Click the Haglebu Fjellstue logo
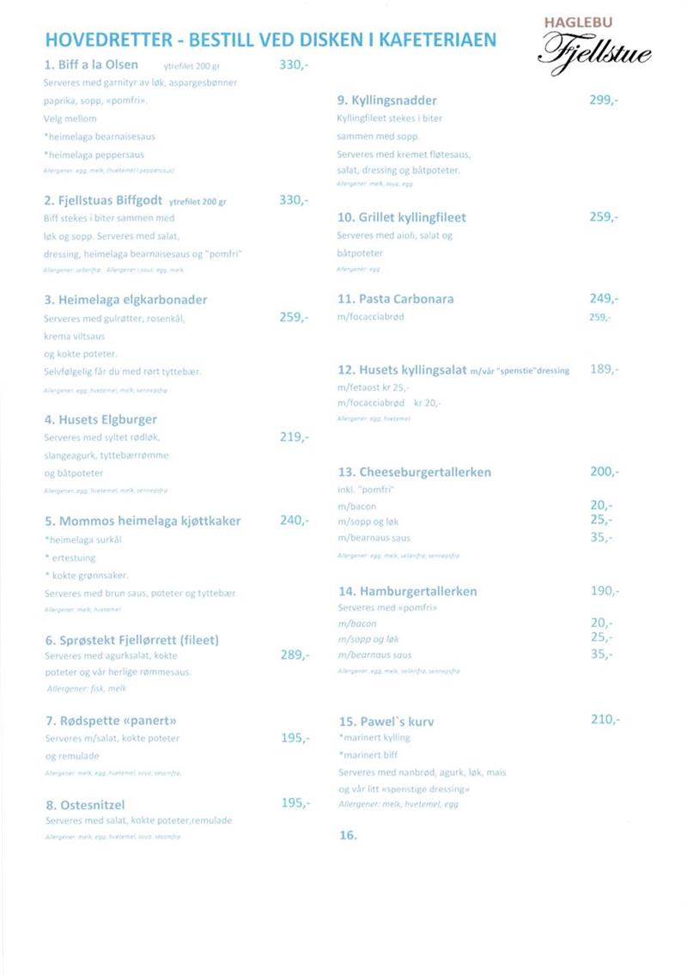point(594,46)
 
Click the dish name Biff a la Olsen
point(90,64)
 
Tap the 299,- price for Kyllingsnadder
point(604,100)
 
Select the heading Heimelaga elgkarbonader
point(125,300)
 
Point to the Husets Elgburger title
point(100,419)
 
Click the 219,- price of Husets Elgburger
point(295,436)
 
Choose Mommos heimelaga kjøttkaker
point(143,521)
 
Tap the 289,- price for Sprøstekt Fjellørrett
point(295,655)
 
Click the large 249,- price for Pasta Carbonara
point(604,299)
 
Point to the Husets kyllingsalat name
point(402,370)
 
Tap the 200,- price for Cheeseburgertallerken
point(604,472)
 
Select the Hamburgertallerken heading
point(407,591)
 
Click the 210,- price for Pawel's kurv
point(605,719)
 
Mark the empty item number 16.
point(348,834)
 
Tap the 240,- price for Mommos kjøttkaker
point(295,520)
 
